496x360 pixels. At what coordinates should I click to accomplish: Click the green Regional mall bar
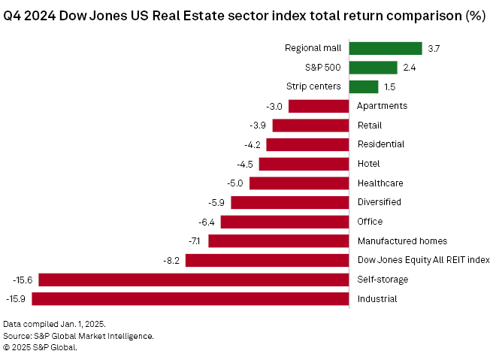[386, 48]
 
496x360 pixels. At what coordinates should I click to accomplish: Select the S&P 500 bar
[373, 68]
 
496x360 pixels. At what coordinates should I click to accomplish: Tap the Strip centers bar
[364, 87]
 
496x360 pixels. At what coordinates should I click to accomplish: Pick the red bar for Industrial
[190, 299]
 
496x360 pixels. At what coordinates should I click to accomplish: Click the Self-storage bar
[194, 280]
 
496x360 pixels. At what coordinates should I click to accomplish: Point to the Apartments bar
[319, 106]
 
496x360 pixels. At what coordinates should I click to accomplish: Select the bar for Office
[285, 222]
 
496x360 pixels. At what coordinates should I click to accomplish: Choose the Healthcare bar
[299, 183]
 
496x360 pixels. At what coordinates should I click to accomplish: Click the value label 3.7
[433, 48]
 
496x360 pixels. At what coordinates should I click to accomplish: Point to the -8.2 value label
[172, 260]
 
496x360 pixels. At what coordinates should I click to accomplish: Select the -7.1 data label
[195, 241]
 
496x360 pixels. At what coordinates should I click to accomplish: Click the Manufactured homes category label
[401, 241]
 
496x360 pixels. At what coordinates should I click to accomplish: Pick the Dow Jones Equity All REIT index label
[423, 260]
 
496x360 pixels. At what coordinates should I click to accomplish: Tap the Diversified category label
[379, 202]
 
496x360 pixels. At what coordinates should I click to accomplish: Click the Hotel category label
[368, 164]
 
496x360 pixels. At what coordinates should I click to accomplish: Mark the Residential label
[380, 144]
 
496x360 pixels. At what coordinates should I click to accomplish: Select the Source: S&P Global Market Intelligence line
[78, 336]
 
